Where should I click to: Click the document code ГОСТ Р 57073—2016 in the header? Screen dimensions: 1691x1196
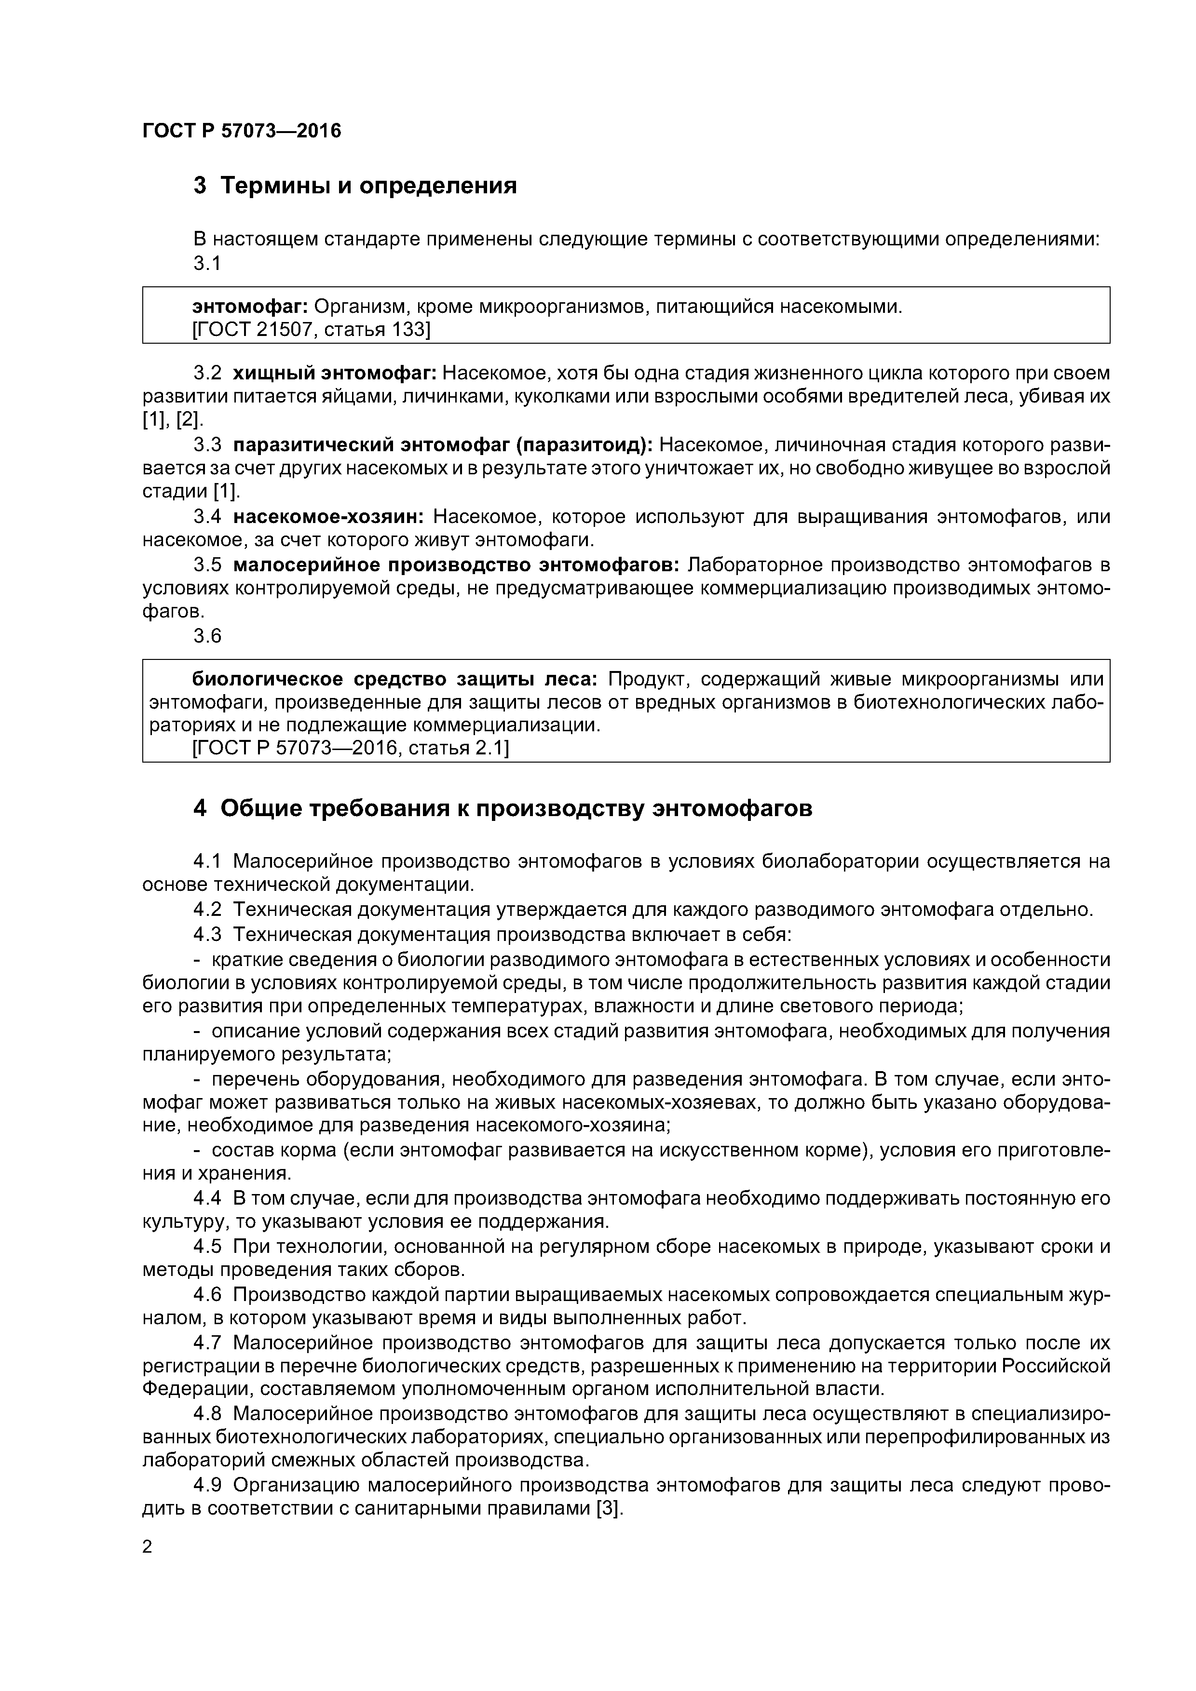click(242, 131)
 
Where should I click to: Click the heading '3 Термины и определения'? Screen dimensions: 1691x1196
click(354, 186)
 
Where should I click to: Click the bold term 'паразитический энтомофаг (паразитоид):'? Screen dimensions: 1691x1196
click(443, 445)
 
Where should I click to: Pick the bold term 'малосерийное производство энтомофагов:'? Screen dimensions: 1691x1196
click(457, 565)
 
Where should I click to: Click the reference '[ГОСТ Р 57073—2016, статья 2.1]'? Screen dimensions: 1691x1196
click(350, 748)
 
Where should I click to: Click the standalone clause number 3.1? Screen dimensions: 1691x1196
click(207, 263)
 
